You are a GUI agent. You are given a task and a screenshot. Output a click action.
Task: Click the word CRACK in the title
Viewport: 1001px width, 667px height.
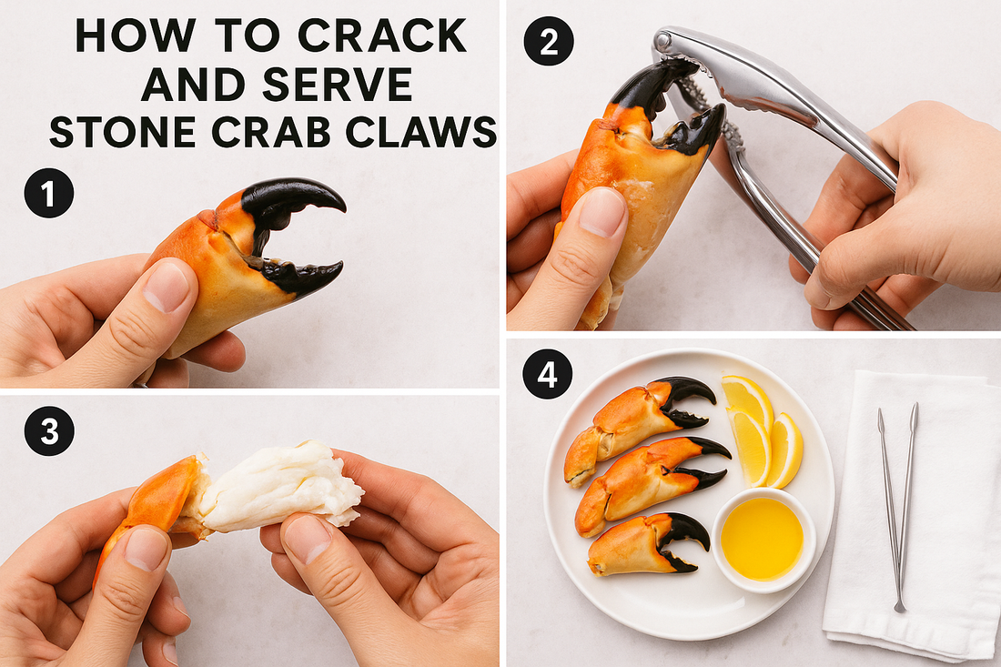(382, 35)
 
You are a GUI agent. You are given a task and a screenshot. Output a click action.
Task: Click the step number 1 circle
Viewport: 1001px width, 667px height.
(49, 193)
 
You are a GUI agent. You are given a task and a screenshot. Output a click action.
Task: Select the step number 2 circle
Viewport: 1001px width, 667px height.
(549, 41)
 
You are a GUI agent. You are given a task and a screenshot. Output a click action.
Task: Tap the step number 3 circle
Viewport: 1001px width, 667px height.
(49, 430)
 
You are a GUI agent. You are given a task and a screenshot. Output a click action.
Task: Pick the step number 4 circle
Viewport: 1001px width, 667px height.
(548, 375)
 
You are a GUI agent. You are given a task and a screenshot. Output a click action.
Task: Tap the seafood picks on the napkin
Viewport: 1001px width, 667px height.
(897, 508)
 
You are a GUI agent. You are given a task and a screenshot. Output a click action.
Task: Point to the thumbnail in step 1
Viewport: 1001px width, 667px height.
(166, 287)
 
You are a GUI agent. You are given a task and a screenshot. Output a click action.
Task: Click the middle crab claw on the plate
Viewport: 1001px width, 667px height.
(652, 485)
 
